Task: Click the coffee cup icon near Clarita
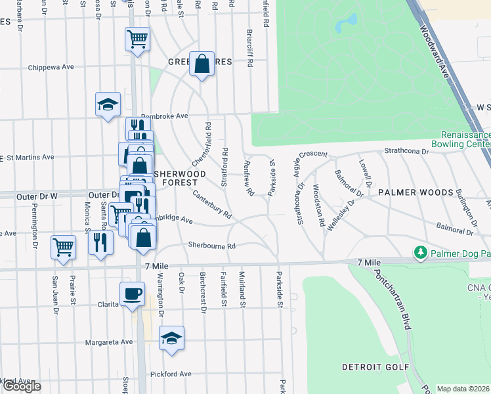(133, 294)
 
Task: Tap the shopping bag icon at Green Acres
(202, 64)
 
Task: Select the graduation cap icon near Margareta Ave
(171, 338)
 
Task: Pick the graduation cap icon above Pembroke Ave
(108, 104)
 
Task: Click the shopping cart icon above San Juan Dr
(64, 248)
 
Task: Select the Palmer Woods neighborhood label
(416, 192)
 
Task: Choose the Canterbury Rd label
(212, 204)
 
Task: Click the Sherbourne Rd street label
(212, 245)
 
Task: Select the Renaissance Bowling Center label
(461, 139)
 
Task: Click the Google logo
(22, 386)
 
